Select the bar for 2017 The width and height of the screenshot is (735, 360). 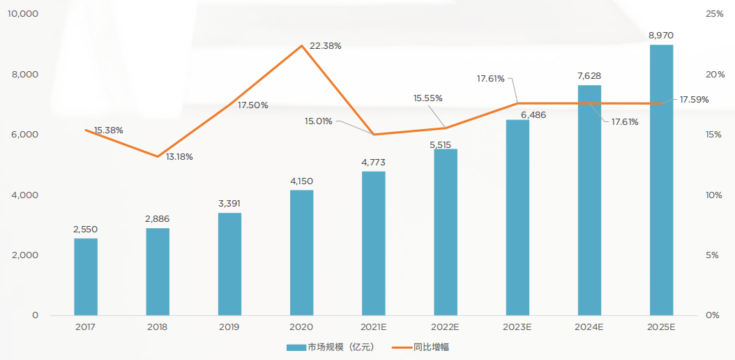(86, 276)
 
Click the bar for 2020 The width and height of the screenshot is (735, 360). (301, 253)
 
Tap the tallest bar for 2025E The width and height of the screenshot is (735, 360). (661, 180)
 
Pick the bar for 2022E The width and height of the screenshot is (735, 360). (446, 232)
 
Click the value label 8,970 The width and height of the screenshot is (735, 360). (661, 35)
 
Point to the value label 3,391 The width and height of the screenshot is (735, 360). (229, 203)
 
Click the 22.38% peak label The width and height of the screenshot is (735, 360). (326, 46)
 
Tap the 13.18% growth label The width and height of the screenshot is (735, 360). (179, 157)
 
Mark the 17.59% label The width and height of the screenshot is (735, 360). (694, 100)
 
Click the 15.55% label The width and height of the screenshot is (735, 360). (427, 98)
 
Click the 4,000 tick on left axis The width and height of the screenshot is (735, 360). (25, 195)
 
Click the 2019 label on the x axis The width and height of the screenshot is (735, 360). (229, 327)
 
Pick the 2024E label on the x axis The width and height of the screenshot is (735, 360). (589, 327)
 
